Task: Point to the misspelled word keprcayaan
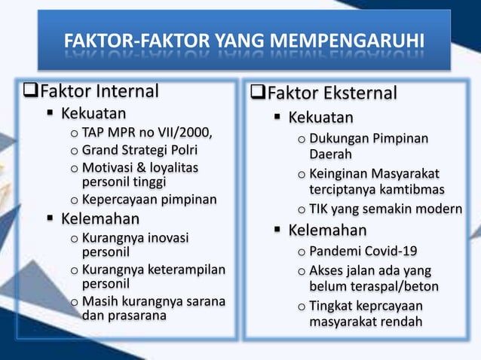(x=386, y=307)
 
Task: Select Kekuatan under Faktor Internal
(x=93, y=114)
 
